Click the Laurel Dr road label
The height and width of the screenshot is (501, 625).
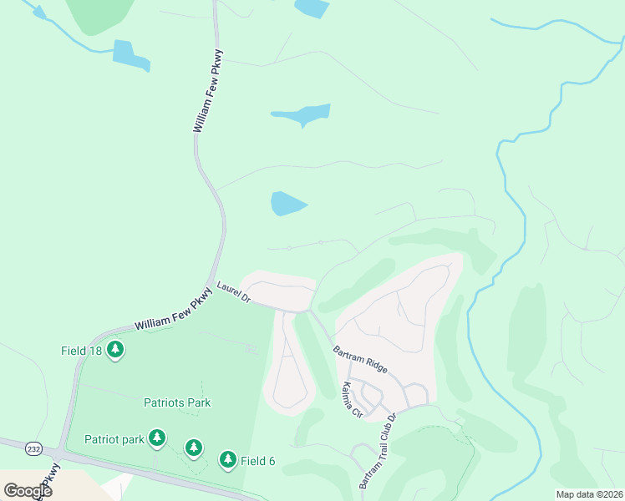click(234, 291)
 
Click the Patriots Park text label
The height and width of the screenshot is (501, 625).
click(176, 402)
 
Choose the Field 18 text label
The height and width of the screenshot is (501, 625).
click(81, 351)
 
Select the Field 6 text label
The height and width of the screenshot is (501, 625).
click(259, 461)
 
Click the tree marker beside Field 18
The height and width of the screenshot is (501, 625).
click(115, 350)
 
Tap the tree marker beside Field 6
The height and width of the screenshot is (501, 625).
click(227, 459)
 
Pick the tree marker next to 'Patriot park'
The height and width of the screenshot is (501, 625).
click(156, 438)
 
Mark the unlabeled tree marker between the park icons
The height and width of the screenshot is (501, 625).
click(194, 448)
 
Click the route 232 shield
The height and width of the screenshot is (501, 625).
click(32, 448)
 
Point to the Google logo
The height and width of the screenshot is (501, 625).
click(28, 490)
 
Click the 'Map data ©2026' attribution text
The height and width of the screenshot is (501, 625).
click(589, 494)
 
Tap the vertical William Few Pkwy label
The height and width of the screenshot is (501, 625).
click(209, 93)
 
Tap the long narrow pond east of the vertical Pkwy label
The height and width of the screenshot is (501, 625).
click(302, 114)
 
